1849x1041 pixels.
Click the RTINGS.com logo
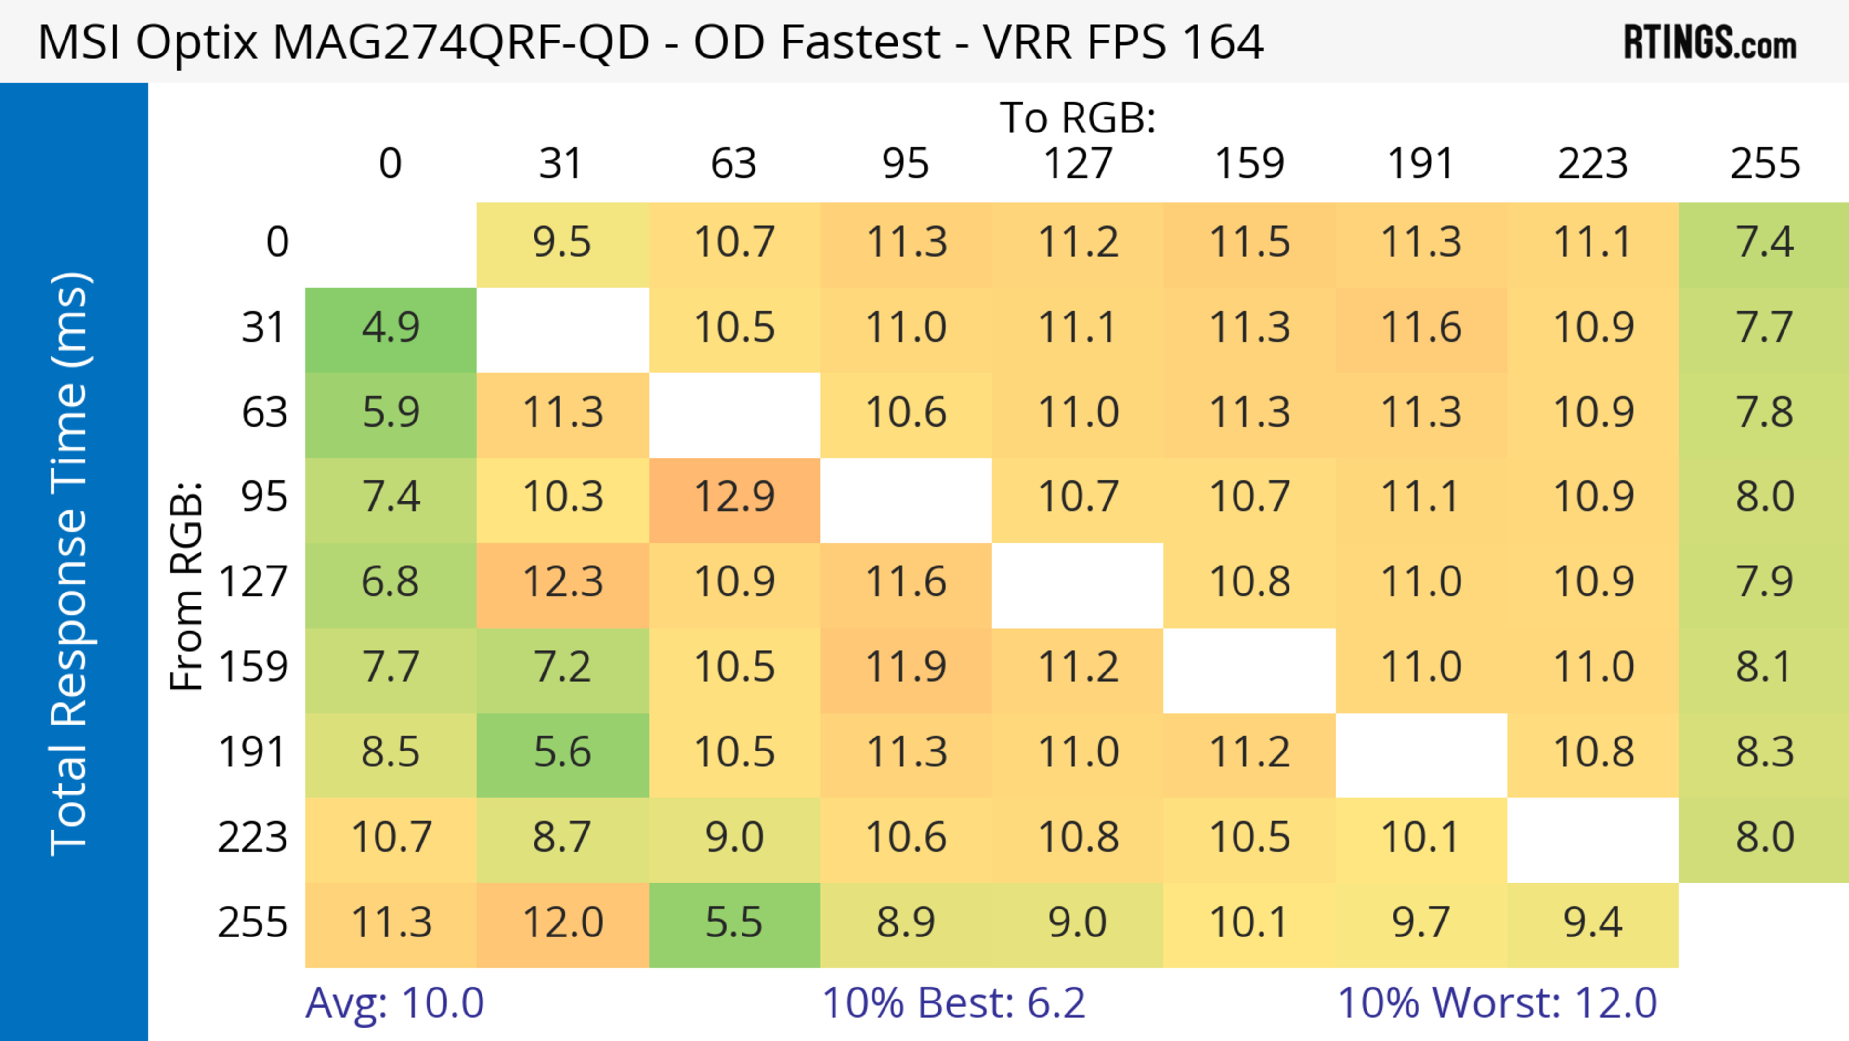pos(1710,41)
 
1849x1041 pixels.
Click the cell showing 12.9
pos(734,497)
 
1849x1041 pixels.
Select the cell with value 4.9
pos(391,328)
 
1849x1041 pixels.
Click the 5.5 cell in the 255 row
pos(734,922)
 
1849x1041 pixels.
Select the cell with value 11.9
pos(906,667)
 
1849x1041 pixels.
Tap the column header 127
pos(1078,164)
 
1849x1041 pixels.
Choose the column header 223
pos(1593,164)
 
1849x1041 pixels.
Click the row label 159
pos(253,667)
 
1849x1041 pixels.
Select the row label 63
pos(264,413)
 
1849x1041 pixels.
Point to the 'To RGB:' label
pos(1078,118)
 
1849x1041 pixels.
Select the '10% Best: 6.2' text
pos(953,1003)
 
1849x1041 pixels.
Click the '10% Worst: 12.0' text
pos(1497,1003)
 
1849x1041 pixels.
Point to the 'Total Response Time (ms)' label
pos(70,564)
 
